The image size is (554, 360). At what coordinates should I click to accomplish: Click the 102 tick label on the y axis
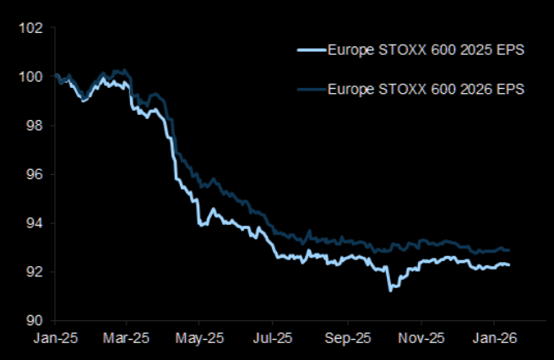(31, 28)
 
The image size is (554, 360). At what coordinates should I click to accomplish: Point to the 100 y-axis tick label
(31, 77)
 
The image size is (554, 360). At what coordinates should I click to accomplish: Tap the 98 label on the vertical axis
(34, 126)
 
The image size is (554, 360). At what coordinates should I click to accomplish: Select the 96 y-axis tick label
(34, 175)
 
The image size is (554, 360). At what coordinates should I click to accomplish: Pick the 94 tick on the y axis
(34, 223)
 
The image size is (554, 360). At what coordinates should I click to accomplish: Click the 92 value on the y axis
(34, 272)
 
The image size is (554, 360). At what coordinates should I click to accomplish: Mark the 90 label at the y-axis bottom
(34, 321)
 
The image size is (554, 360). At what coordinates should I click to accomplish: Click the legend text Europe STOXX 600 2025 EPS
(426, 51)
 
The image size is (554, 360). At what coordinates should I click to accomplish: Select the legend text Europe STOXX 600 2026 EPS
(426, 89)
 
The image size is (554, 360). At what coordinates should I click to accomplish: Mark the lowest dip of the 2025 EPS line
(389, 290)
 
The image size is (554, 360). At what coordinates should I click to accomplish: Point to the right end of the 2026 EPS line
(509, 250)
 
